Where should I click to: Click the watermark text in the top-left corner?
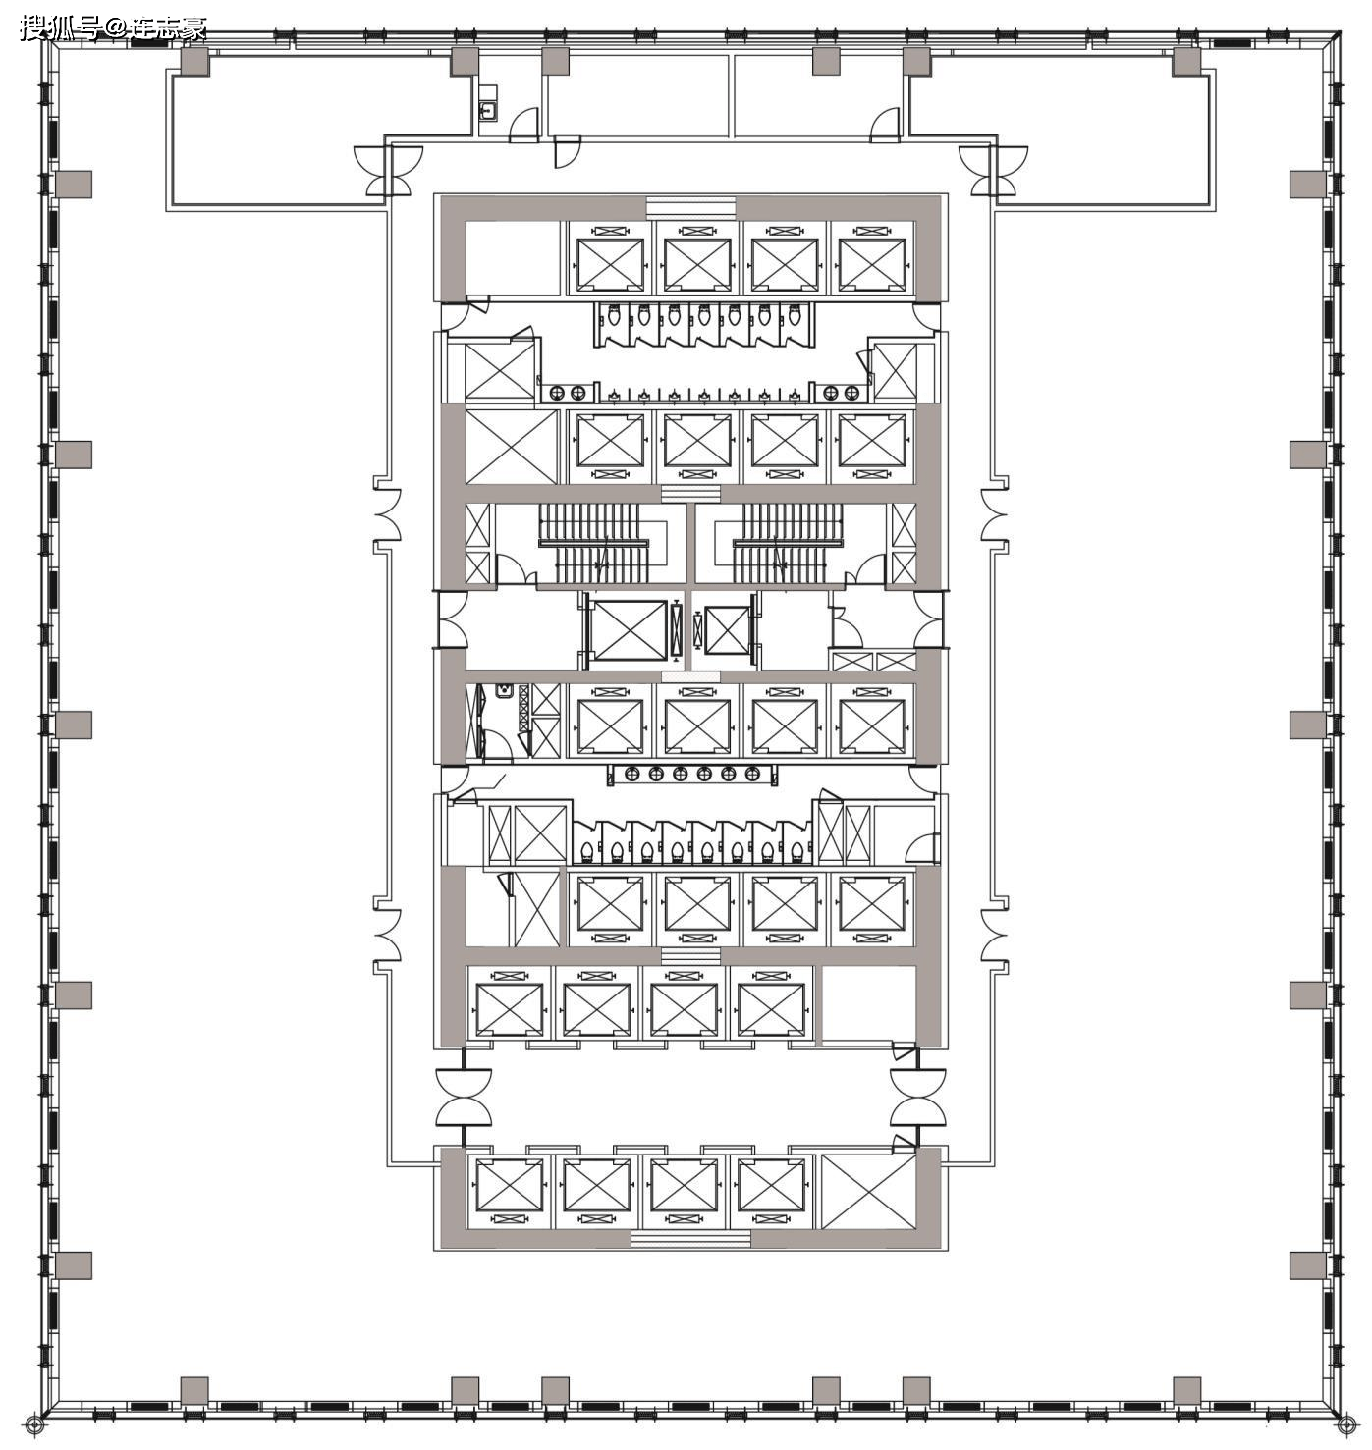pos(113,28)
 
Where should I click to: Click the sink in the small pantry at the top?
pos(487,111)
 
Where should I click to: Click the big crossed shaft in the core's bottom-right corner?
pos(868,1191)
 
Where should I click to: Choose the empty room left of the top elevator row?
pos(513,259)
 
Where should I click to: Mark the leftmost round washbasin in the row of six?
pos(631,774)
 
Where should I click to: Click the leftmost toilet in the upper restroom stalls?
pos(613,317)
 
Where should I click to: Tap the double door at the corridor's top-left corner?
pos(389,171)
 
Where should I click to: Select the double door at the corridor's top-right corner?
pos(993,171)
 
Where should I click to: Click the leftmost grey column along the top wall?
pos(195,61)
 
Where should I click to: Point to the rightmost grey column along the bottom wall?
pos(1186,1389)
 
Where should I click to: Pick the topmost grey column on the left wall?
pos(74,185)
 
